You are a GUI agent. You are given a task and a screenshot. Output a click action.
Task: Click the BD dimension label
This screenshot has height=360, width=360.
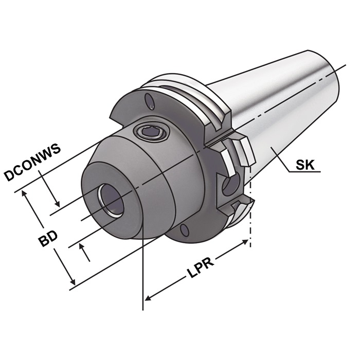click(49, 240)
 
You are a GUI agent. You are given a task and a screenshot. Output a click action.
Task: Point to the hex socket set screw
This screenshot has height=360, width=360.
click(150, 134)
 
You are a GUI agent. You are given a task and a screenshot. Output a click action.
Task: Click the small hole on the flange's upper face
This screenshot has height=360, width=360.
click(149, 99)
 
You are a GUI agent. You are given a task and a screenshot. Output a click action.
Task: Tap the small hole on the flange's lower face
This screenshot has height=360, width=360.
click(183, 230)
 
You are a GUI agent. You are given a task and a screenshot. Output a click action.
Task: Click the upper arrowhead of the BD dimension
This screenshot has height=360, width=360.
click(26, 194)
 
